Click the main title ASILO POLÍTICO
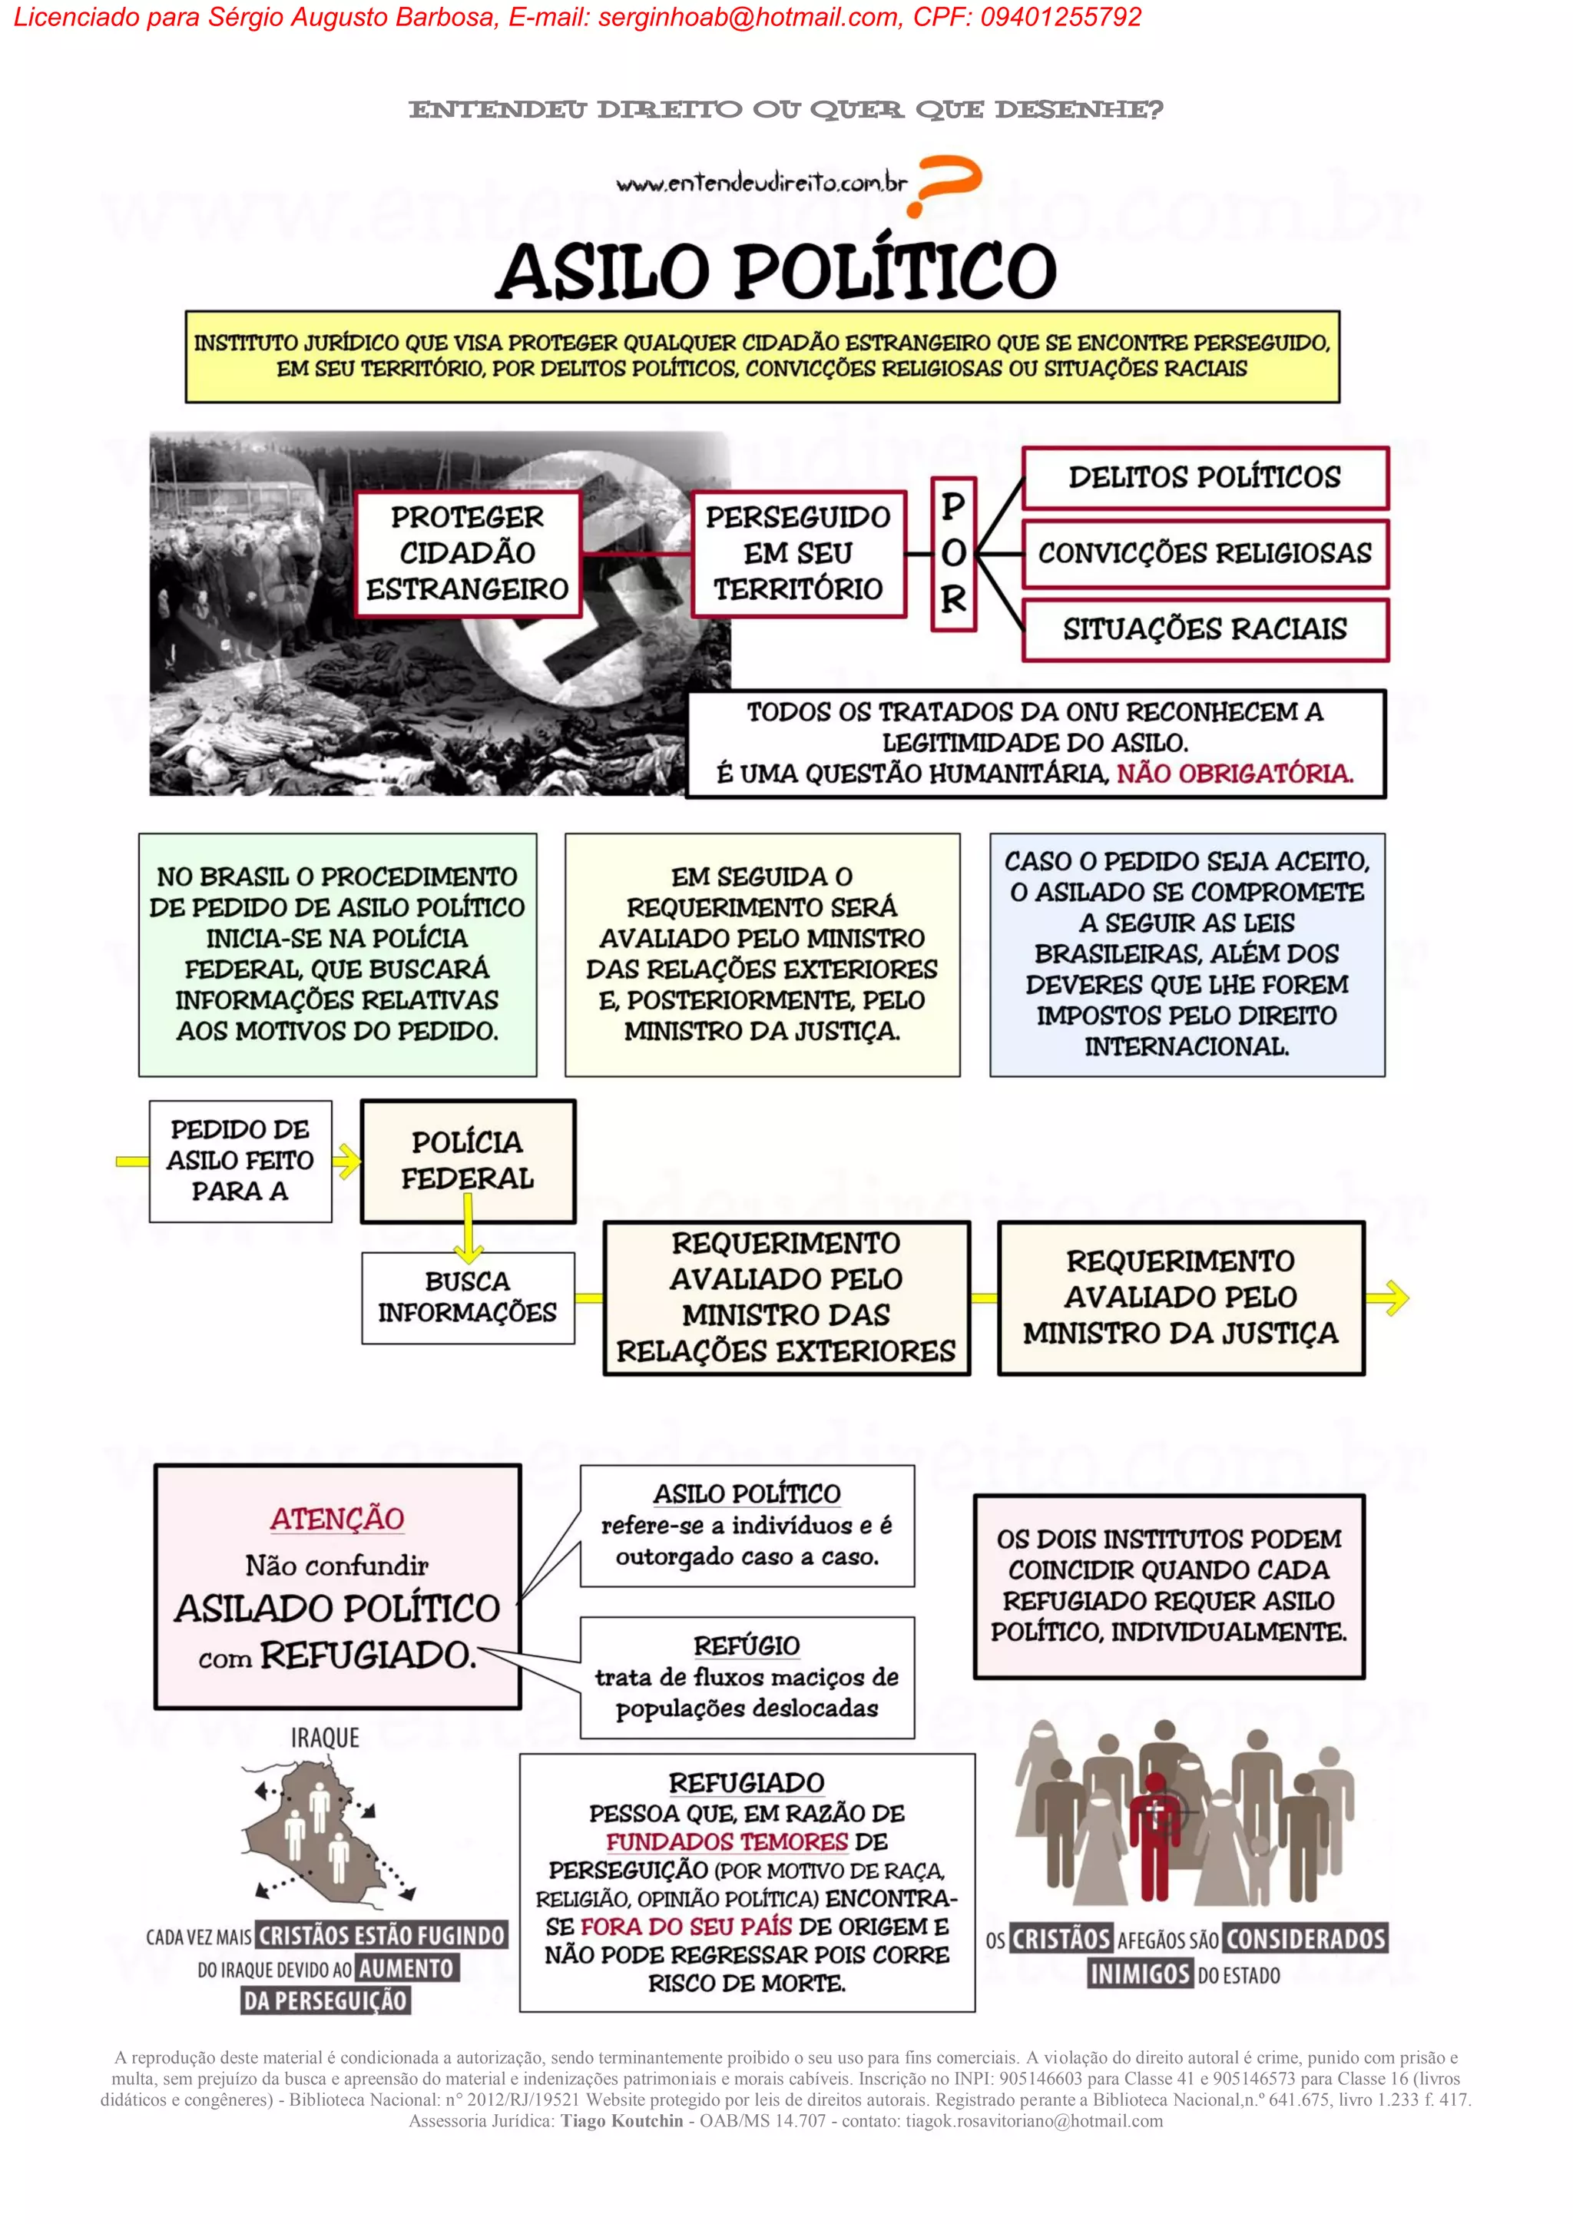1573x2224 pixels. coord(776,271)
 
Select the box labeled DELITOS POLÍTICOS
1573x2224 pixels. coord(1205,478)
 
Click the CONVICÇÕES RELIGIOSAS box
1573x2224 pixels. coord(1205,553)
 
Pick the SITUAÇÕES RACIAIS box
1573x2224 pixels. coord(1205,630)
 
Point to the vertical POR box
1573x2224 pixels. coord(953,554)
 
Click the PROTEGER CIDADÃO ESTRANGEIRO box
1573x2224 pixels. coord(467,553)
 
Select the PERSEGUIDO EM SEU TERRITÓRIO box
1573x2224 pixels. coord(798,553)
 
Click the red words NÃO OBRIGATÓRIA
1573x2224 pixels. coord(1234,773)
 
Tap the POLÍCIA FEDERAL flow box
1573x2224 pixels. coord(467,1161)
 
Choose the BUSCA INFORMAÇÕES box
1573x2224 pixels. coord(467,1297)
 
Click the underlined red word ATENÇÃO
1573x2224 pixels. coord(337,1519)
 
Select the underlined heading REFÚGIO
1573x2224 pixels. coord(747,1646)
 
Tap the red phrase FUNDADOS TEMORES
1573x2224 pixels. coord(727,1841)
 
